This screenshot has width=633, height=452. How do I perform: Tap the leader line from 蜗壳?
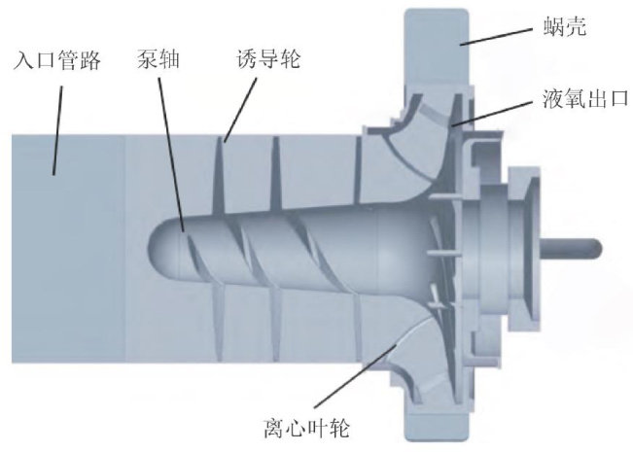[x=495, y=36]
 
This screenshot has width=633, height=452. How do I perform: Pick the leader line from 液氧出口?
[x=501, y=109]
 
